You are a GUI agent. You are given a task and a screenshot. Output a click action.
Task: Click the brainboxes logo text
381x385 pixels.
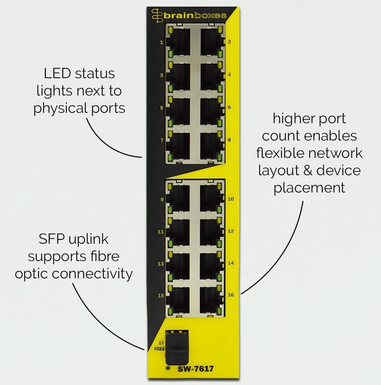(195, 16)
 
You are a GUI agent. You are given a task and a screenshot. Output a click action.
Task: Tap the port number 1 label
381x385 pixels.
(161, 42)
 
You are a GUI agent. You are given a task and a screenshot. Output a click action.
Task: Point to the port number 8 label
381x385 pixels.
(229, 140)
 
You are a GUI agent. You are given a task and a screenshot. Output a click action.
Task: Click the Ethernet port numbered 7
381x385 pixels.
(178, 147)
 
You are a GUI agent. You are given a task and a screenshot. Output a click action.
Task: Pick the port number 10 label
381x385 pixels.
(231, 199)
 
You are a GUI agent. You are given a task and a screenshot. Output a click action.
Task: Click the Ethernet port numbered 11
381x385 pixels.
(178, 233)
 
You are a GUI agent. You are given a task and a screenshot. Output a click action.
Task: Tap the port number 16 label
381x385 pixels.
(231, 295)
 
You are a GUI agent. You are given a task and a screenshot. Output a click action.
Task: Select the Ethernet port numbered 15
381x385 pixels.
(178, 301)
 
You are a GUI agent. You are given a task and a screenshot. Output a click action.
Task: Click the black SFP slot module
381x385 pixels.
(177, 348)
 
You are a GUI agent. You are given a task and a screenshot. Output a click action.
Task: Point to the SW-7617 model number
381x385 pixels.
(196, 368)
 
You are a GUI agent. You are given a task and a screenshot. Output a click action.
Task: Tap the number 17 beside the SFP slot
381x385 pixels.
(161, 343)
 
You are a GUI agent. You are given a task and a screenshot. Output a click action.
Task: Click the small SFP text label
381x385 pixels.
(159, 349)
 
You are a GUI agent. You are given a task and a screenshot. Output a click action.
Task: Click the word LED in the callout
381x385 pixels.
(57, 74)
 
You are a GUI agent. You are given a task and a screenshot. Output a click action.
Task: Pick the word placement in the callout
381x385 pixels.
(309, 188)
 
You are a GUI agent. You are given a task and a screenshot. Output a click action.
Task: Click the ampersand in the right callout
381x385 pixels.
(307, 171)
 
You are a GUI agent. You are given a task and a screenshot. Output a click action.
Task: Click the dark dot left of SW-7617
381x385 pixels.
(168, 368)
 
